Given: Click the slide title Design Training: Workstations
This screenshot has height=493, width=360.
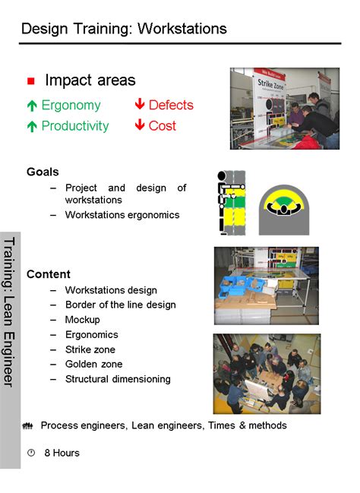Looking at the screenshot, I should pos(124,29).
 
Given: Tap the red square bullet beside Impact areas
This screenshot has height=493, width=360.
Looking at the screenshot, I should pos(31,81).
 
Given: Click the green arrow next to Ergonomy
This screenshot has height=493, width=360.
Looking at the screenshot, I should pos(32,106).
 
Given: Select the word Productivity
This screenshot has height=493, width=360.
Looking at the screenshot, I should pos(75,126).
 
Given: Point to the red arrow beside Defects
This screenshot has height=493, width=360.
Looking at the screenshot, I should pos(139,105).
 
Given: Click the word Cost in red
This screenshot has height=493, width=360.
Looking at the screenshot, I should pos(163,126).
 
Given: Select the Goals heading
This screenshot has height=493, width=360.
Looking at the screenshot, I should pos(43,172).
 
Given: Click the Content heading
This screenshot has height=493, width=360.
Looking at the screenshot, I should pos(49,274).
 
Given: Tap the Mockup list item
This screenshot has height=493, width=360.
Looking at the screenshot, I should pos(82,319).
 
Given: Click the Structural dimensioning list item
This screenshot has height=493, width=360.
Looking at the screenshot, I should pos(118,379).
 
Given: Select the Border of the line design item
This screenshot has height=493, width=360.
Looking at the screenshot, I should pos(120,305).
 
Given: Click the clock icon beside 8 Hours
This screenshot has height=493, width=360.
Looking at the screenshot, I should pos(31,453).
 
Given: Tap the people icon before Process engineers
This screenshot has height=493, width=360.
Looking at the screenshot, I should pos(29,426).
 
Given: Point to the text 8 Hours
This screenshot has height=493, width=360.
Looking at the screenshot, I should pos(62,453).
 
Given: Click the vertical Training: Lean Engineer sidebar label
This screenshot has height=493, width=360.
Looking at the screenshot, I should pos(10,311).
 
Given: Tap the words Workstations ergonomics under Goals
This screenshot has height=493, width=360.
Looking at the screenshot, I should pos(122,215).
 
